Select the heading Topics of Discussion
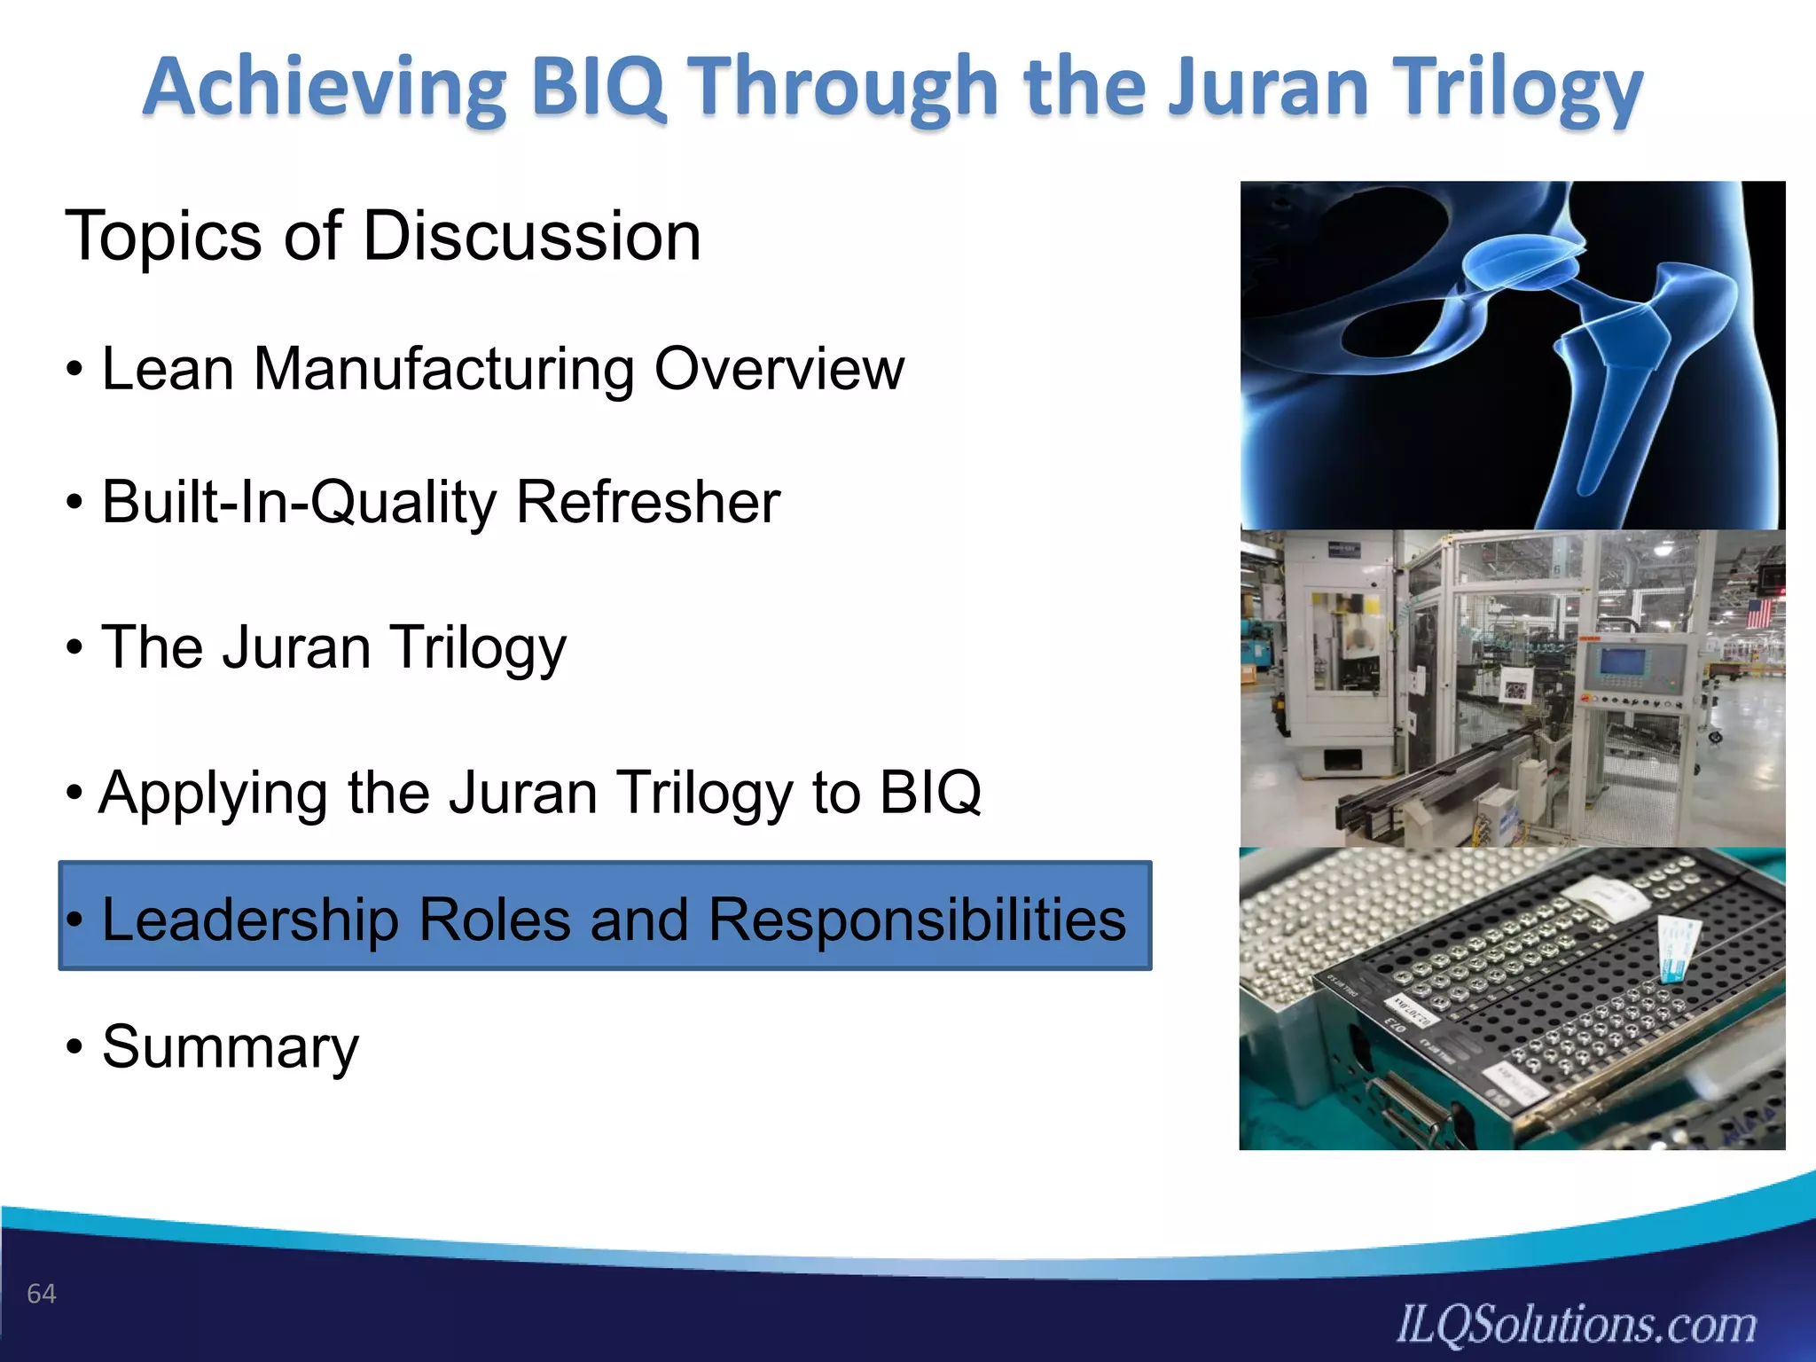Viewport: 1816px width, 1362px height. tap(383, 236)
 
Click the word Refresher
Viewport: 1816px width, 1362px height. tap(647, 503)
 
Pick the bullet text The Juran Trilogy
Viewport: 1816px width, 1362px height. tap(333, 647)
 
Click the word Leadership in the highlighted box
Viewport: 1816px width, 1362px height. tap(250, 920)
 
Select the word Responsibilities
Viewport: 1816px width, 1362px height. tap(917, 920)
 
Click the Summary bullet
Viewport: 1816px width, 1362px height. tap(231, 1046)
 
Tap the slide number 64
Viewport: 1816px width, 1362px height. tap(42, 1294)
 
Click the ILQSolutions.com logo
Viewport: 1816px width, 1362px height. tap(1576, 1324)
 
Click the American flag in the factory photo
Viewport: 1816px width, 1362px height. tap(1758, 613)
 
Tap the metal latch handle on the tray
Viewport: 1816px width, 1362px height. tap(1410, 1108)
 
